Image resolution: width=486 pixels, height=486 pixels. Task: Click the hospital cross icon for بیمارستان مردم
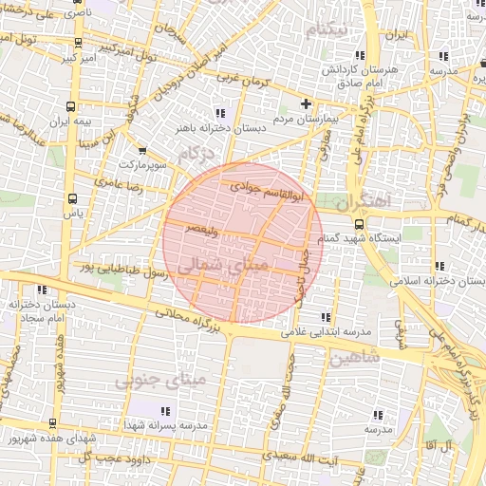[x=305, y=103]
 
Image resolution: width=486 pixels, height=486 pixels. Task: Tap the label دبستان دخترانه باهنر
[x=209, y=126]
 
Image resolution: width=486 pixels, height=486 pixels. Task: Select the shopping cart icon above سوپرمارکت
[x=141, y=150]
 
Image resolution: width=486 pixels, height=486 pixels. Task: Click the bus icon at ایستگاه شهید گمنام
[x=358, y=224]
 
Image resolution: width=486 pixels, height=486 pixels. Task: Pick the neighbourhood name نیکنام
[x=324, y=30]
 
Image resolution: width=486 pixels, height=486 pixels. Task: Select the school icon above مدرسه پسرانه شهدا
[x=165, y=411]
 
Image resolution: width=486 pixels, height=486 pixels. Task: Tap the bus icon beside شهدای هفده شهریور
[x=50, y=423]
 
